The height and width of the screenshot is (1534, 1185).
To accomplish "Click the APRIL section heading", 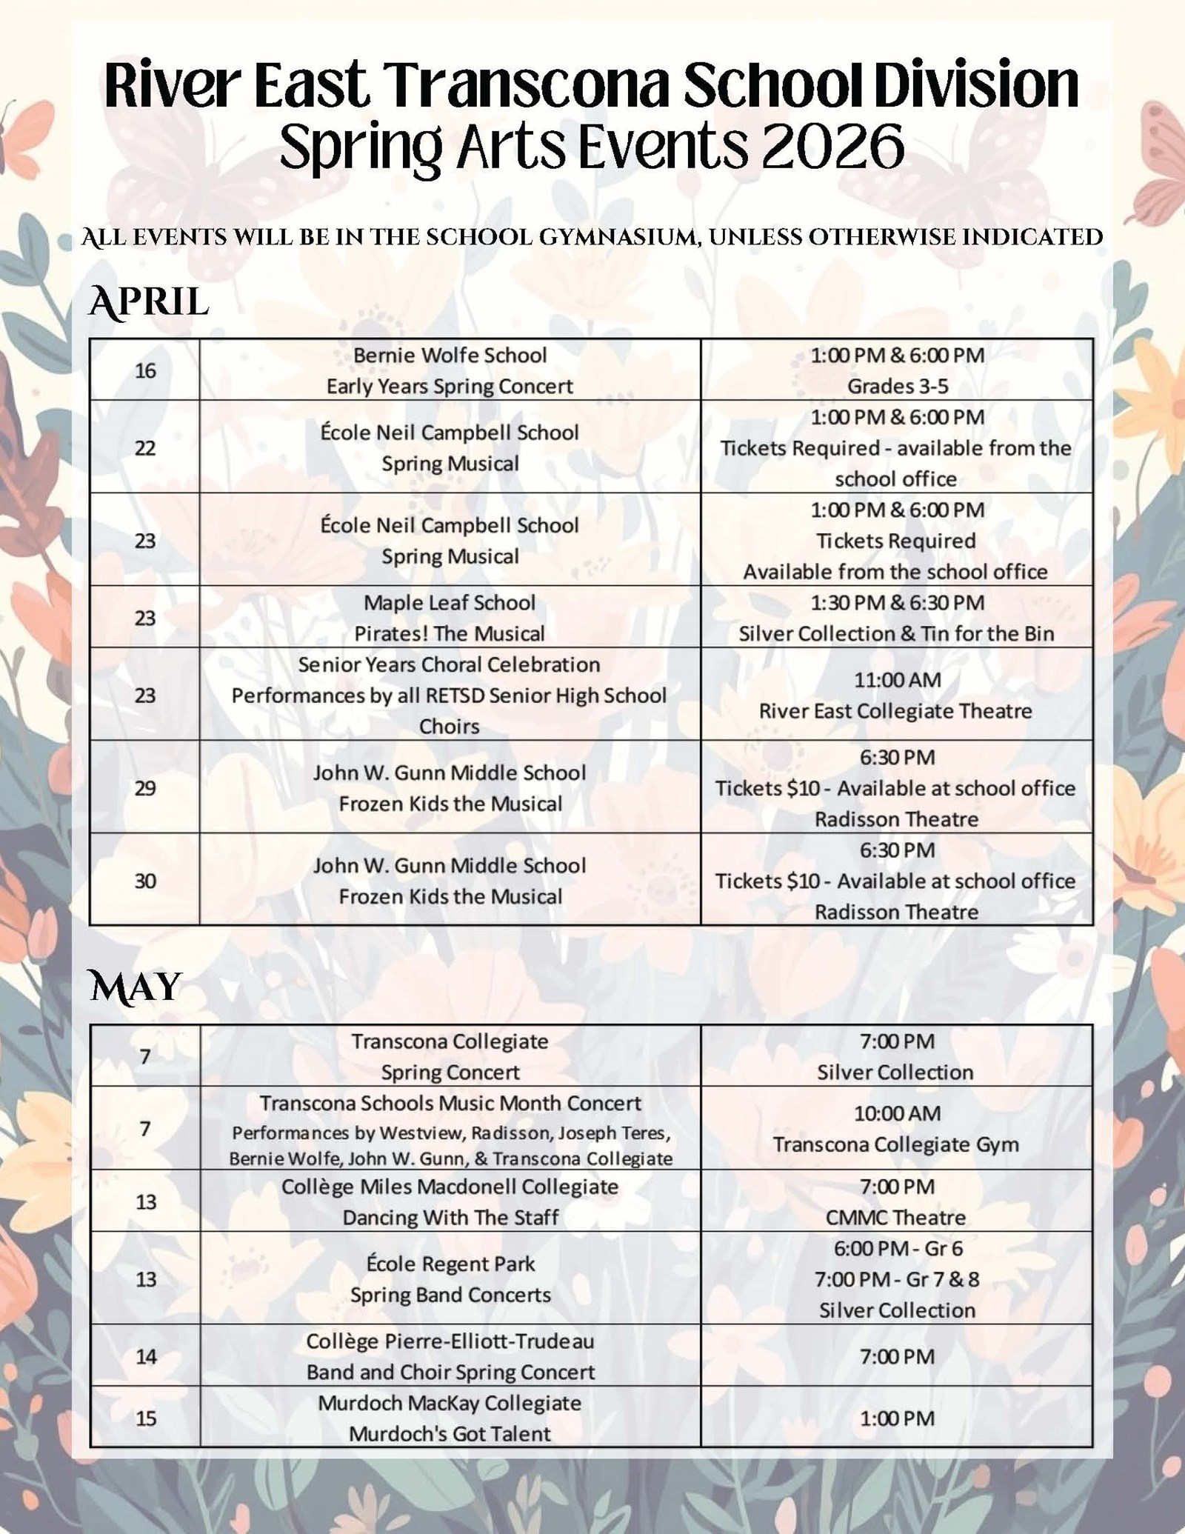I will coord(148,302).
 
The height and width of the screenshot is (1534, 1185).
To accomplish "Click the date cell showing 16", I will coord(145,370).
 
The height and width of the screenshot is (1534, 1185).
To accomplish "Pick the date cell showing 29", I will coord(145,787).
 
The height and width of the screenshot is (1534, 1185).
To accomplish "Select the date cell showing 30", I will coord(145,881).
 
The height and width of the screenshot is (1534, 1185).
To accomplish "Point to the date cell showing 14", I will coord(146,1356).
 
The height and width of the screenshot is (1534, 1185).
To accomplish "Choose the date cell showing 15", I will coord(146,1418).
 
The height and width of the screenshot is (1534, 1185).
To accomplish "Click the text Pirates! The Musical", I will coord(450,634).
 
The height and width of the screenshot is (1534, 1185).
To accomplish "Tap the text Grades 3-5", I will coord(898,386).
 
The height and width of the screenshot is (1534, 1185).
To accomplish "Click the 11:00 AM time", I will coord(897,680).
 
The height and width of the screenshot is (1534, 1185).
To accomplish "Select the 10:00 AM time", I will coord(897,1113).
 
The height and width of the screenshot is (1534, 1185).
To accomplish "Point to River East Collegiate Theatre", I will coord(895,711).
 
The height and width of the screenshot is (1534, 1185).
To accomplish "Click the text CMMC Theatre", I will coord(895,1218).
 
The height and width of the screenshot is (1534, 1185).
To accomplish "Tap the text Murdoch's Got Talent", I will coord(450,1434).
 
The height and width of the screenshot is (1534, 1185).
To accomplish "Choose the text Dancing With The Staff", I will coord(450,1218).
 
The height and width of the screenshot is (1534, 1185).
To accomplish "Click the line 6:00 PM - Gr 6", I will coord(898,1249).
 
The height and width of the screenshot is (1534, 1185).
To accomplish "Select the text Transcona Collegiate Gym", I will coord(896,1144).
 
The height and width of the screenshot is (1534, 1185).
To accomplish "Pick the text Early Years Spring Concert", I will coord(450,386).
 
